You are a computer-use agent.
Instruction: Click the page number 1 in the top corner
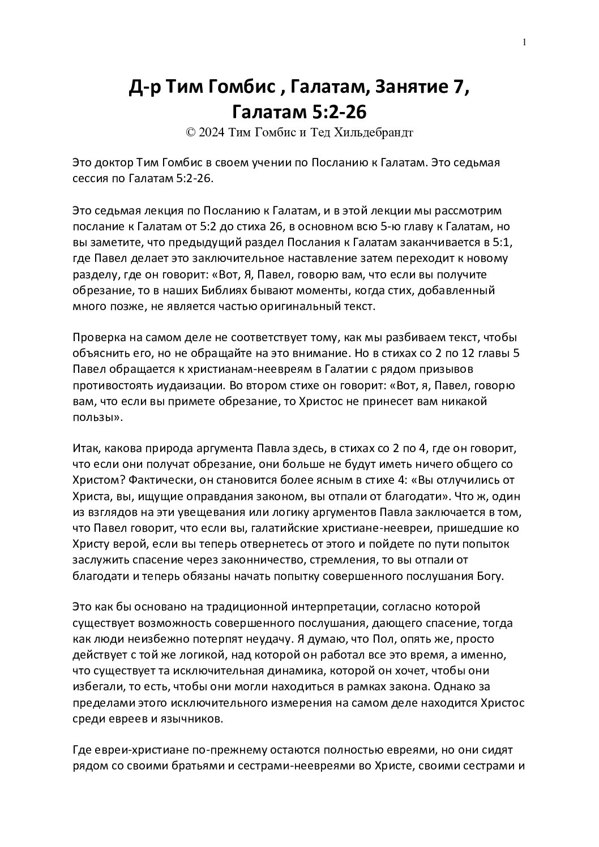(525, 42)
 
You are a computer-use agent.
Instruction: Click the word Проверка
(98, 338)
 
